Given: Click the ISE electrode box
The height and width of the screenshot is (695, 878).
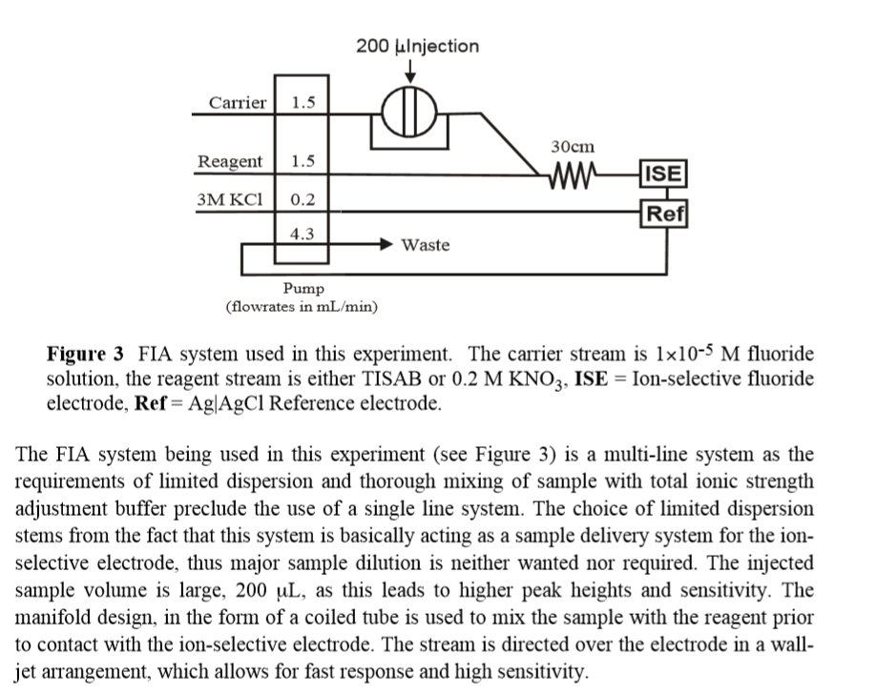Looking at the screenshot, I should click(x=664, y=174).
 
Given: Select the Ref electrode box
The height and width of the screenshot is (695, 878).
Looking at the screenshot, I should click(x=666, y=214).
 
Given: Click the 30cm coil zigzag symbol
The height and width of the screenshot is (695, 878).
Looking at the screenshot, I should click(x=570, y=174).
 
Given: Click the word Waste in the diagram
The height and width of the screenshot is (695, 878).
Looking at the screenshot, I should click(x=425, y=245).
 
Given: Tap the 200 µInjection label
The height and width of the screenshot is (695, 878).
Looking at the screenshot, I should click(x=417, y=46).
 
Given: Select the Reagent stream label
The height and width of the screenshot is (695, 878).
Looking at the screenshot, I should click(x=230, y=161).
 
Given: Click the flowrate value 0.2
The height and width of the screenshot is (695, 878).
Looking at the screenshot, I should click(x=303, y=200).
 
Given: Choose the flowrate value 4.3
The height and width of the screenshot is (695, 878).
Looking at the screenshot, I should click(x=303, y=233).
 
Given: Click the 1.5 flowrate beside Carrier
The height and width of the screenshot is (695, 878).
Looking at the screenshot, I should click(x=303, y=103).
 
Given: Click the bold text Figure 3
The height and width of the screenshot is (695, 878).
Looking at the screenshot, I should click(x=86, y=355).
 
